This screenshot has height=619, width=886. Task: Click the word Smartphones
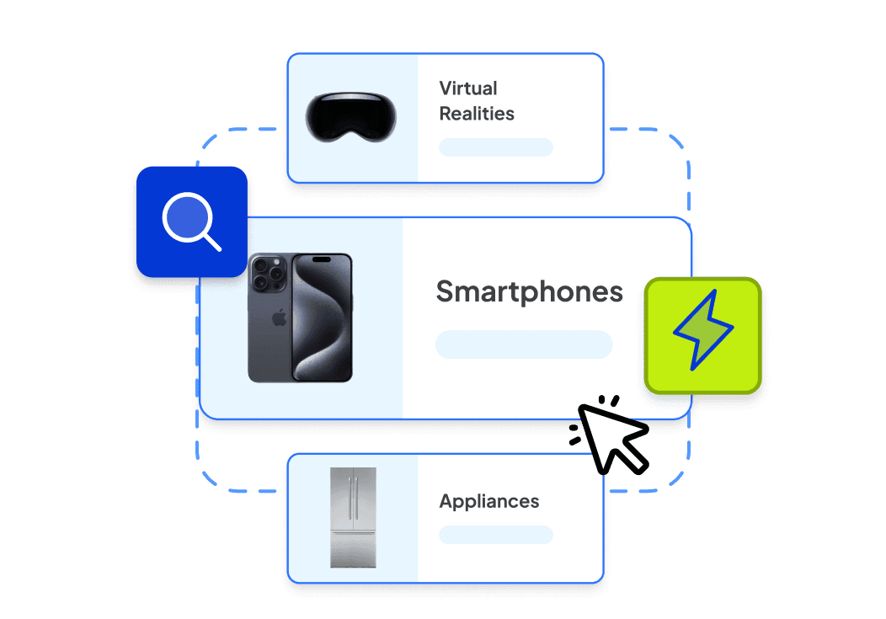pos(529,292)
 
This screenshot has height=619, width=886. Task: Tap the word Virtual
pos(468,88)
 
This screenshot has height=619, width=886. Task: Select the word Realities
pos(477,114)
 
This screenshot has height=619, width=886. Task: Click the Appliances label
pos(489,502)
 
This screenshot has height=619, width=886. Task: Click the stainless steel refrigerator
pos(353,517)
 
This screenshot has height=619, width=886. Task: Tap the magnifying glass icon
pos(191,222)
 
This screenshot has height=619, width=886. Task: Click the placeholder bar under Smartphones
pos(523,344)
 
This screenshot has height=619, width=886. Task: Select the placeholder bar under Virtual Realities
pos(495,147)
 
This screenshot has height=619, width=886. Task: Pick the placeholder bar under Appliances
pos(495,535)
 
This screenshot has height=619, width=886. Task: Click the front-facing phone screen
pos(321,318)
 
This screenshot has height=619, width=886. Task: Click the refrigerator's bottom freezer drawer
pos(353,547)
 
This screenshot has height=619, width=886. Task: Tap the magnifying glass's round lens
pos(186,216)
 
